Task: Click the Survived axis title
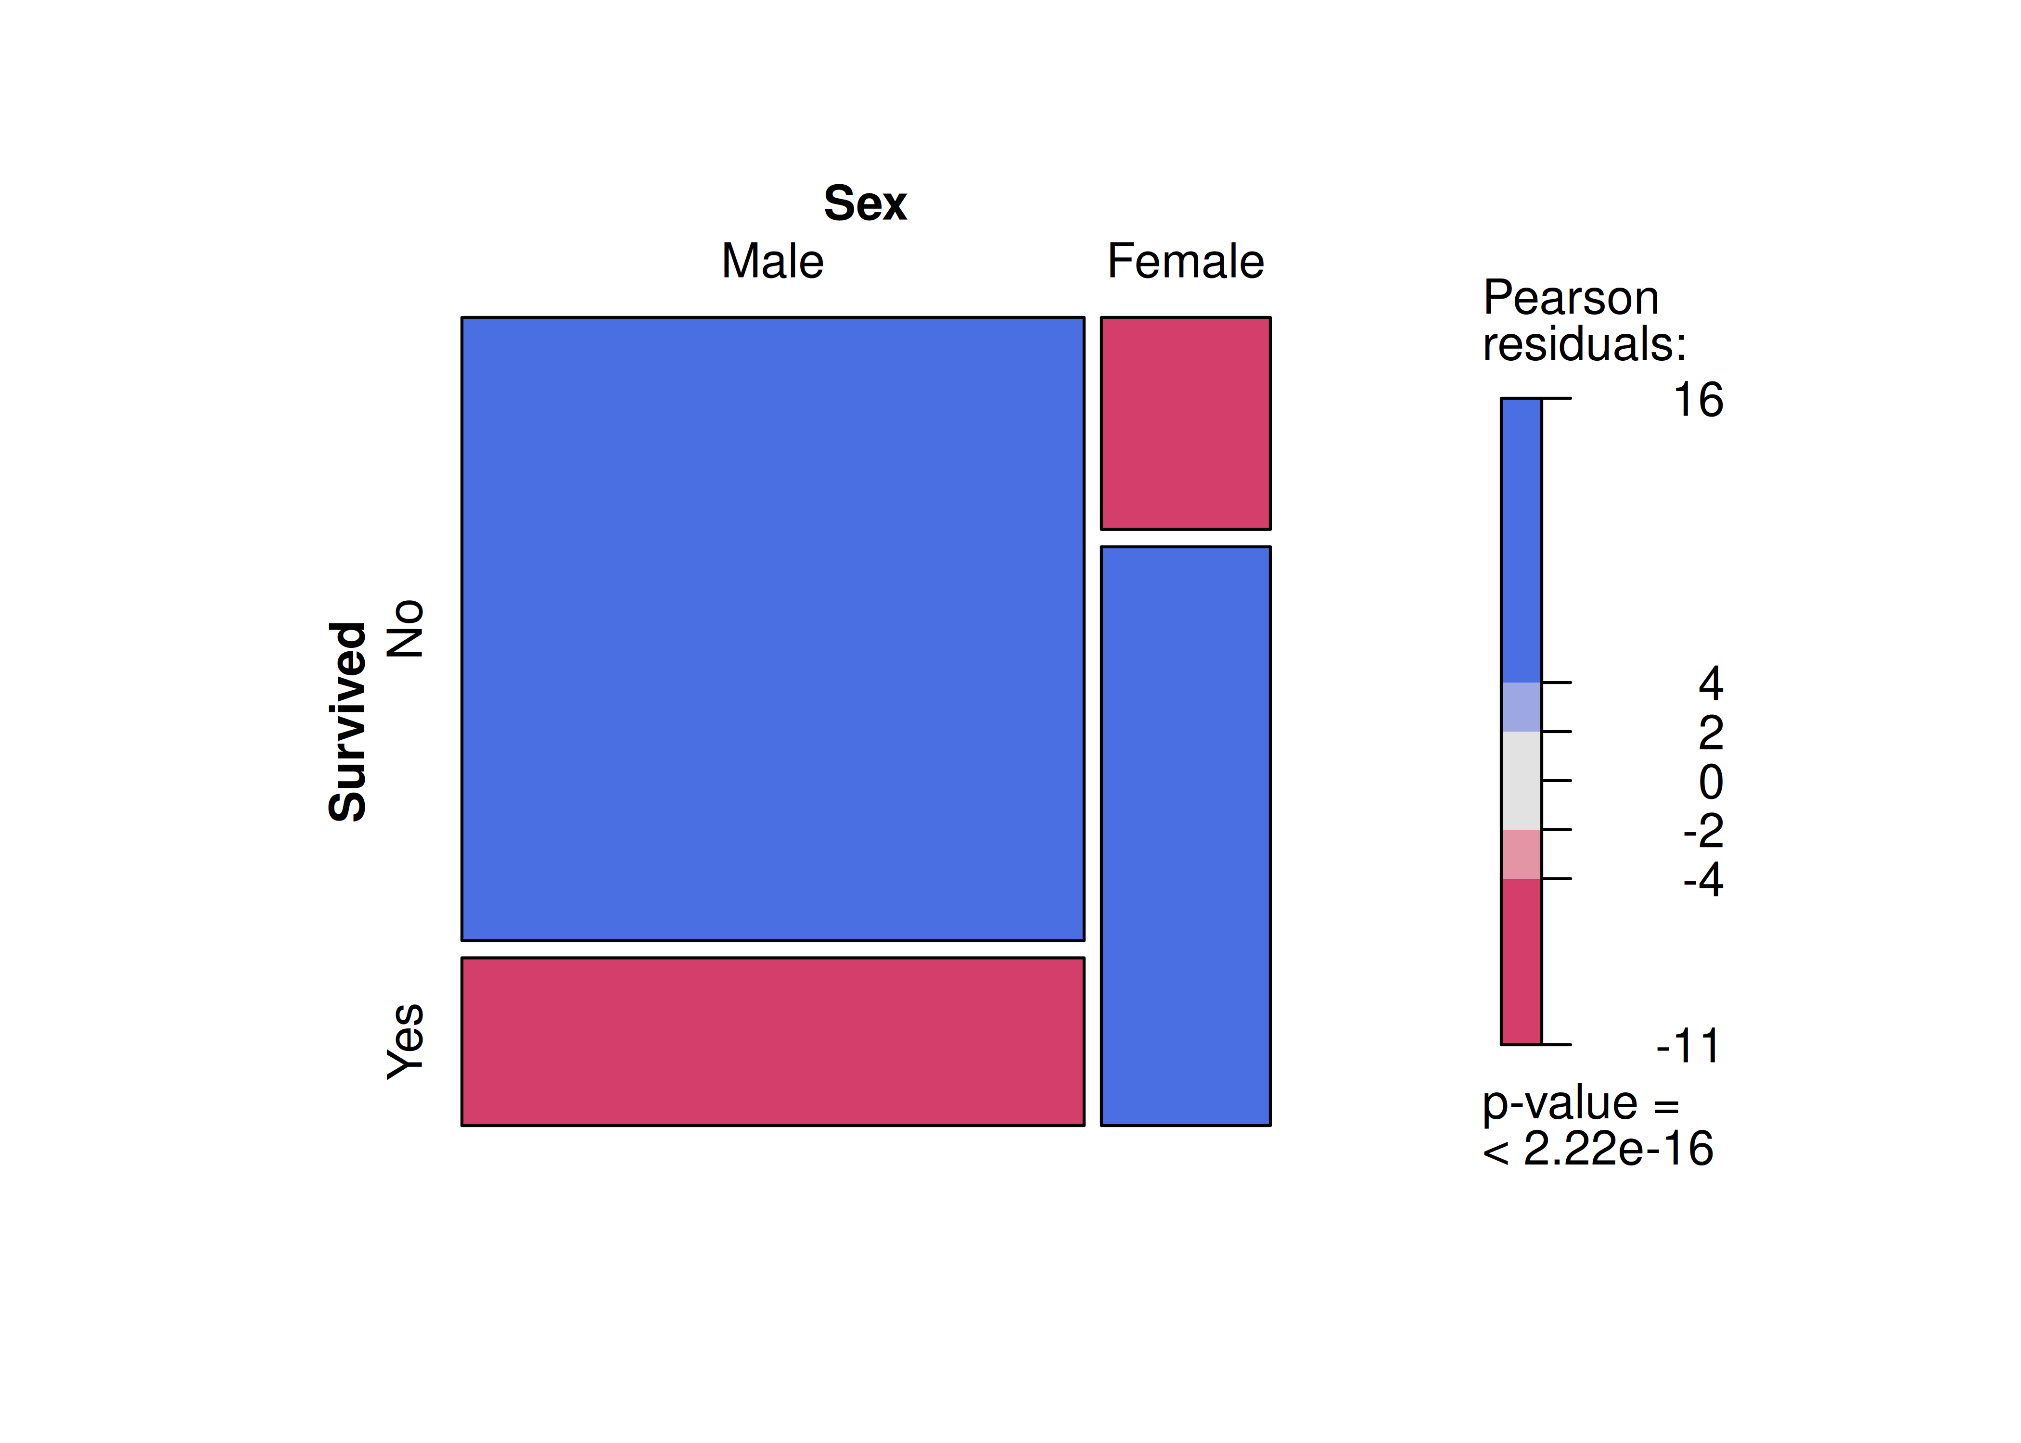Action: tap(347, 721)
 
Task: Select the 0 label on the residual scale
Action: tap(1710, 783)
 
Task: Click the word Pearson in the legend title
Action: tap(1571, 298)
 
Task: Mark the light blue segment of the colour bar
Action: tap(1521, 707)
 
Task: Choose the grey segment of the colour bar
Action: tap(1521, 780)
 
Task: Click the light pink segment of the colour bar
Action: tap(1521, 854)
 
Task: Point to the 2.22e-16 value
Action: tap(1617, 1149)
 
